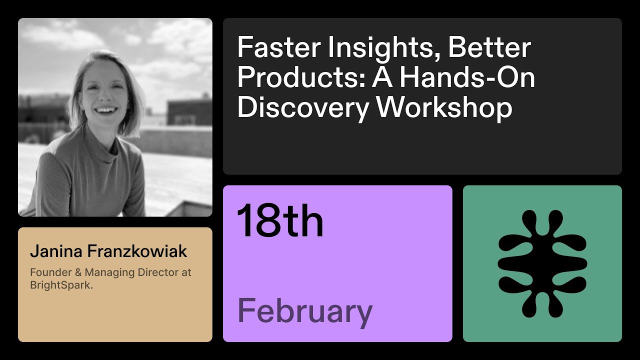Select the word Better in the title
[x=489, y=48]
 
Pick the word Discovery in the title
[x=302, y=108]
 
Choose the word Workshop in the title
[x=444, y=108]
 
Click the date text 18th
[x=280, y=221]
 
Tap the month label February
[x=305, y=311]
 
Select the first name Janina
[x=56, y=251]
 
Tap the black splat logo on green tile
[x=542, y=263]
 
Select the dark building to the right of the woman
[x=188, y=111]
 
